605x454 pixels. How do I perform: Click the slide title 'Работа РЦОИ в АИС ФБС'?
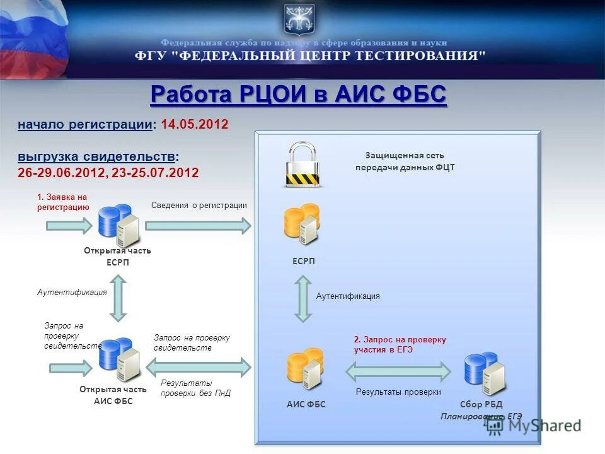(x=298, y=96)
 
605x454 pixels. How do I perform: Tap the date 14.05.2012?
(x=194, y=124)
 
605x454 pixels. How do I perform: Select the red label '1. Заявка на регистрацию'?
(x=63, y=202)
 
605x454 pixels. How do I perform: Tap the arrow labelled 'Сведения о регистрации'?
(x=198, y=225)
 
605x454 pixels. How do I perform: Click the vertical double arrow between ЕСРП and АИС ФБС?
(x=304, y=299)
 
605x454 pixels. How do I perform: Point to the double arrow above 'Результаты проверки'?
(x=398, y=372)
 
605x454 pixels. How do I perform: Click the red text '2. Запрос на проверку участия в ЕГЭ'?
(x=400, y=344)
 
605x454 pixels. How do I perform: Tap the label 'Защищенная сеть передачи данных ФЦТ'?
(x=405, y=161)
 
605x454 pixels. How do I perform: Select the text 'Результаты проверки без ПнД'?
(x=195, y=388)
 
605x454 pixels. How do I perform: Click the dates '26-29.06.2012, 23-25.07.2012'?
(x=108, y=173)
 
